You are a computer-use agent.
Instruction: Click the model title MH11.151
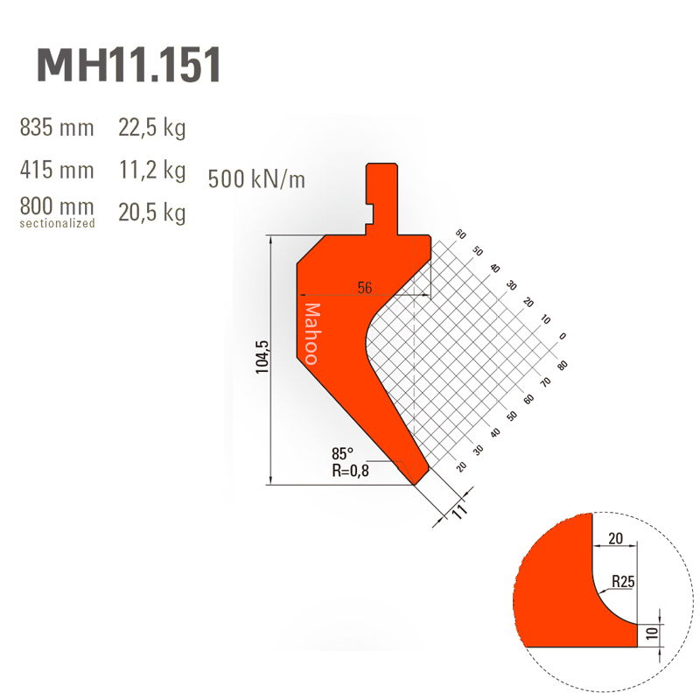click(x=129, y=65)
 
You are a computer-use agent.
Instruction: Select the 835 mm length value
click(x=57, y=127)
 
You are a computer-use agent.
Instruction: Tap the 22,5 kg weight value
click(x=151, y=128)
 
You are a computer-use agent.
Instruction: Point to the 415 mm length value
click(x=57, y=170)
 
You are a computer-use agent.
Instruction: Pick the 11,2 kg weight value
click(x=152, y=171)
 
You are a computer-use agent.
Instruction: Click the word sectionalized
click(x=57, y=223)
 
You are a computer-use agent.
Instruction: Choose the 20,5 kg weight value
click(x=151, y=213)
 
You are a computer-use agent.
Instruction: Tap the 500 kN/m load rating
click(x=256, y=179)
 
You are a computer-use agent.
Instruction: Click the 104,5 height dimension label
click(x=262, y=357)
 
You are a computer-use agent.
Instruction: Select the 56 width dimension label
click(x=365, y=288)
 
